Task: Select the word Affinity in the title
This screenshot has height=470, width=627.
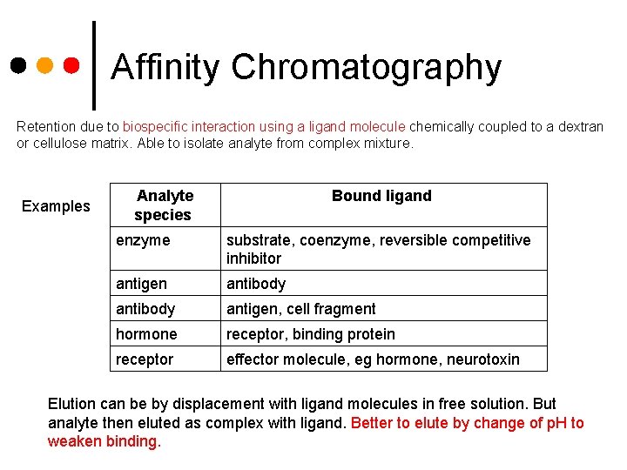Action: coord(166,67)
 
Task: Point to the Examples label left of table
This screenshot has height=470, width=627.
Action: coord(56,206)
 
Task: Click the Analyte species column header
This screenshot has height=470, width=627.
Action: coord(164,205)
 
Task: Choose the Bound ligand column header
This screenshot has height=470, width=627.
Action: coord(381,196)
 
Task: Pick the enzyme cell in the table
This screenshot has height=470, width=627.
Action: coord(143,240)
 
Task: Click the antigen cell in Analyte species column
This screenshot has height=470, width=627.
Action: coord(141,284)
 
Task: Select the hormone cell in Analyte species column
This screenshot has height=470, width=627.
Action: coord(145,334)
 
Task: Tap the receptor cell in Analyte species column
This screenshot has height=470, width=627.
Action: coord(144,359)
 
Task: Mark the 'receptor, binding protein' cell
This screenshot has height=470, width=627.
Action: coord(310,334)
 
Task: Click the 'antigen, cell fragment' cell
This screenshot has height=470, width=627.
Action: coord(300,309)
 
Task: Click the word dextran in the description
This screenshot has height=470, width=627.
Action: coord(580,126)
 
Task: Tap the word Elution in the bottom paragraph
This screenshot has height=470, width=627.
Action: coord(71,404)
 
